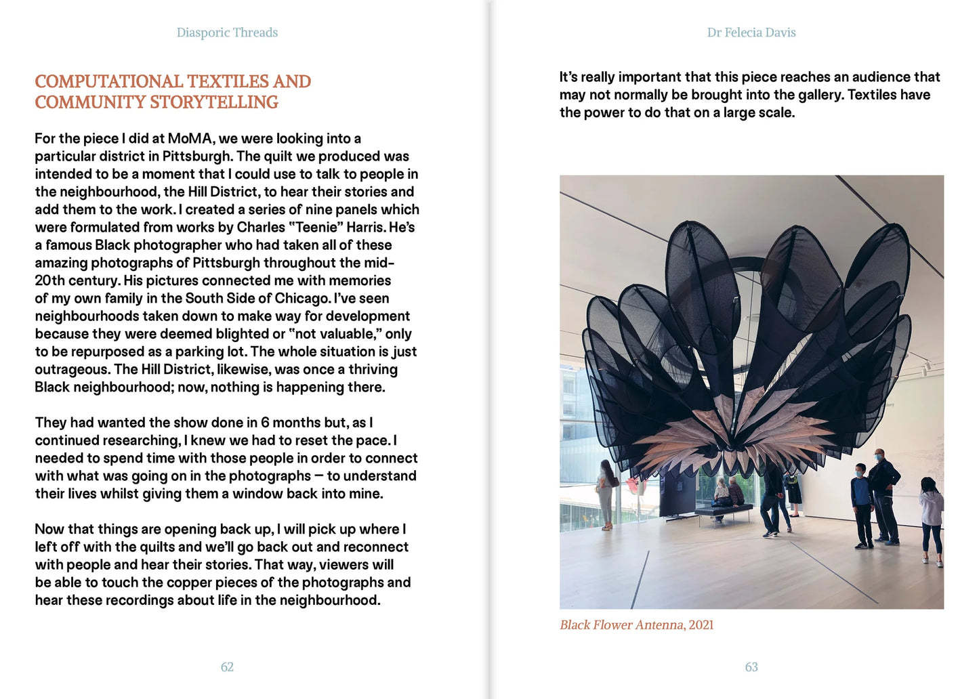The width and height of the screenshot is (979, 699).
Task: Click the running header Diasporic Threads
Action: coord(227,33)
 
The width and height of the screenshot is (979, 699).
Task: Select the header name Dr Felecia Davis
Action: coord(751,33)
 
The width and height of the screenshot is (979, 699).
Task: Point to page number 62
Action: coord(227,667)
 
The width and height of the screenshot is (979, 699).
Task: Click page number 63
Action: coord(751,667)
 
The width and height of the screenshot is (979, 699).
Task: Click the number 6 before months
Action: coord(265,423)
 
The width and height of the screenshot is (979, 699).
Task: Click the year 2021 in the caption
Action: coord(701,625)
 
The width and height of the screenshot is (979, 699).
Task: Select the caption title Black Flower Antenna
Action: coord(621,625)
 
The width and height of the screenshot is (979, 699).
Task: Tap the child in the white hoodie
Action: coord(931,518)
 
